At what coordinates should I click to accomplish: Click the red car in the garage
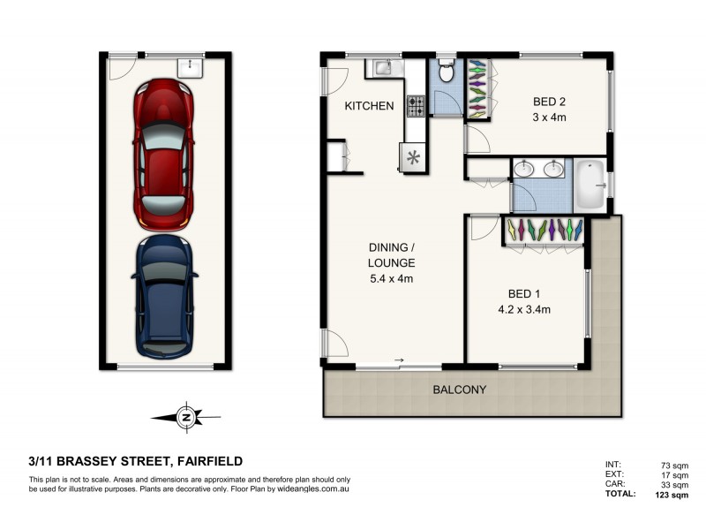pos(163,155)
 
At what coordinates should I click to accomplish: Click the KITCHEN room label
pos(369,106)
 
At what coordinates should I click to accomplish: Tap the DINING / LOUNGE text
pos(391,255)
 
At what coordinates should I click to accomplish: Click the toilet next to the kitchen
pos(446,73)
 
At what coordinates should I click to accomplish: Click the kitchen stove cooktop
pos(415,106)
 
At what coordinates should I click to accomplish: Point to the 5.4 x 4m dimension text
pos(391,278)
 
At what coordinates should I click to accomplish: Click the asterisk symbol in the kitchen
pos(413,159)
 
